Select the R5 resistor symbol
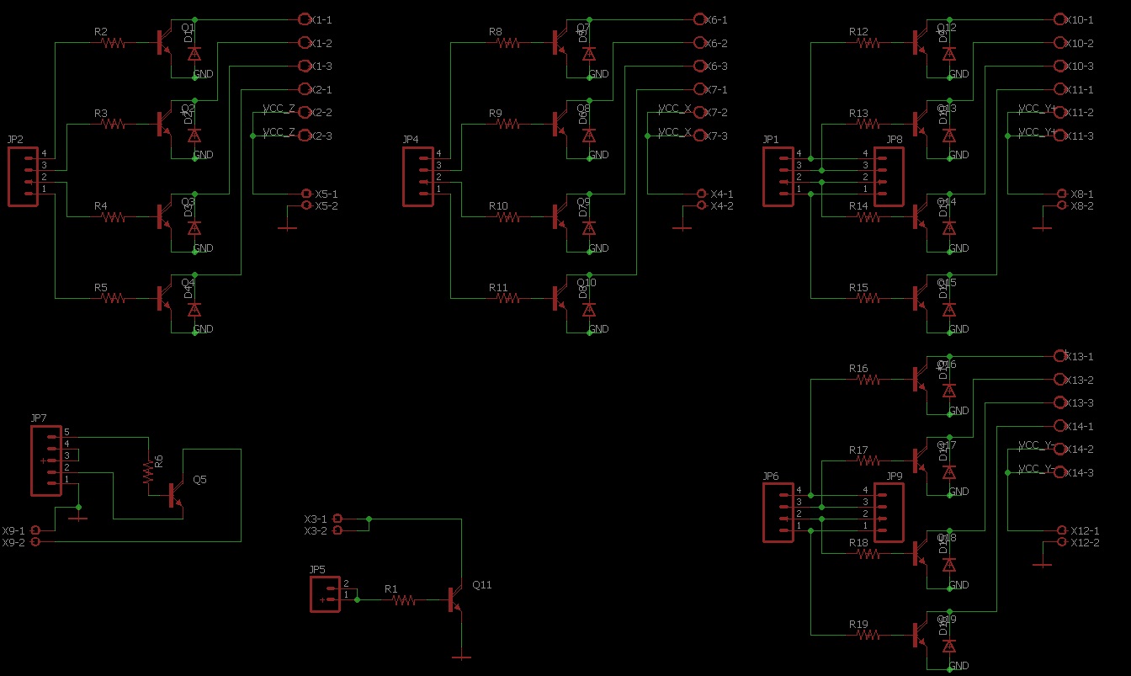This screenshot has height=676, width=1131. coord(114,298)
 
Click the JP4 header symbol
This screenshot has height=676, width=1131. coord(417,177)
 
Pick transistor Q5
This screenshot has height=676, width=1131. coord(175,495)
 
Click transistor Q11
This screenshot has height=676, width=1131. coord(454,599)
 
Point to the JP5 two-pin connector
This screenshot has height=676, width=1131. coord(325,594)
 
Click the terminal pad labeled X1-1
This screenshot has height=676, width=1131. coord(305,19)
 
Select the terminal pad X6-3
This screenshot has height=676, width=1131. coord(700,66)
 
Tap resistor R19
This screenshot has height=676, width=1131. coord(868,635)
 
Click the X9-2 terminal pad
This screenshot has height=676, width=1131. coord(35,542)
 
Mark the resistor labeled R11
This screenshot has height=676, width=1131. coord(508,298)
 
